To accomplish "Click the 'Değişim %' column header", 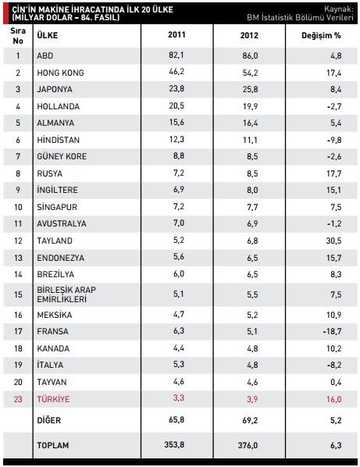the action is (321, 35).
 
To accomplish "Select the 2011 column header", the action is (176, 35).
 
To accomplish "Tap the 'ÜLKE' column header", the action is (48, 35).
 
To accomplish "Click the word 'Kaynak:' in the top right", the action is (339, 9).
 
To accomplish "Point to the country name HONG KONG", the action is (60, 73).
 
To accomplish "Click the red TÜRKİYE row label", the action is (53, 399).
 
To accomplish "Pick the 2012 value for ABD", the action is (250, 55).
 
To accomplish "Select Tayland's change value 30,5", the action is (333, 241).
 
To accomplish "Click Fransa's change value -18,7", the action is (332, 331).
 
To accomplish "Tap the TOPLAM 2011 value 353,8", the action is (174, 444).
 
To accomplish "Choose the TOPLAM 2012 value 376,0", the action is (248, 445).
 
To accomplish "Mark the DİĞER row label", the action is (49, 420).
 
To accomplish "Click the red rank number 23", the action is (18, 399).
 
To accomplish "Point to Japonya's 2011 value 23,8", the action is (176, 88).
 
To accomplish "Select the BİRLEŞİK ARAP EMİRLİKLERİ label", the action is (66, 294).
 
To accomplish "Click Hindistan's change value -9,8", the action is (334, 140).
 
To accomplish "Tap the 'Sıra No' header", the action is (18, 35).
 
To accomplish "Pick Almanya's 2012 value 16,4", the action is (250, 123).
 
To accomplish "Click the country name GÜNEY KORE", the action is (62, 156).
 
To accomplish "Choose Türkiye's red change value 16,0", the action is (333, 399).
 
